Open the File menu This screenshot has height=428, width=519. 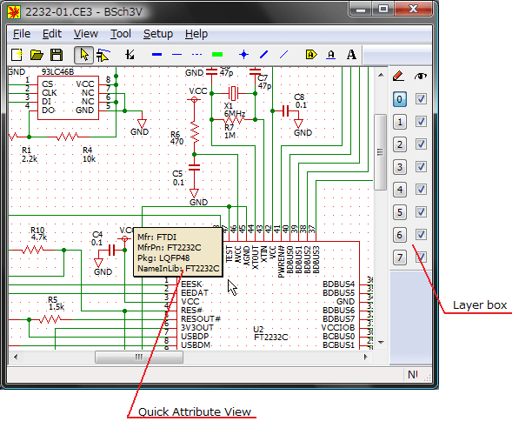(x=22, y=34)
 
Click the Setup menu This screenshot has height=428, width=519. (x=158, y=34)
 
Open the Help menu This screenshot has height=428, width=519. (x=196, y=34)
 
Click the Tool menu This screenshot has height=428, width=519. (x=121, y=34)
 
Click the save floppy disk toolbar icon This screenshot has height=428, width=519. (x=57, y=55)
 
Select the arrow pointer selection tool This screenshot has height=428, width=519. (x=83, y=55)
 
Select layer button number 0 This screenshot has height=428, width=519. (x=399, y=99)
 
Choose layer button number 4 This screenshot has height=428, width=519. (x=399, y=190)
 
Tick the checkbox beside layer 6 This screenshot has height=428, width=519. (x=421, y=235)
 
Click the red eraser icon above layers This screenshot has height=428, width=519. (x=399, y=77)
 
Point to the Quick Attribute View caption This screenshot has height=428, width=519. (x=193, y=411)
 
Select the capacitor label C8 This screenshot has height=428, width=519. (x=299, y=97)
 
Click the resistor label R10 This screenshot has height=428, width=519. (x=37, y=229)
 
